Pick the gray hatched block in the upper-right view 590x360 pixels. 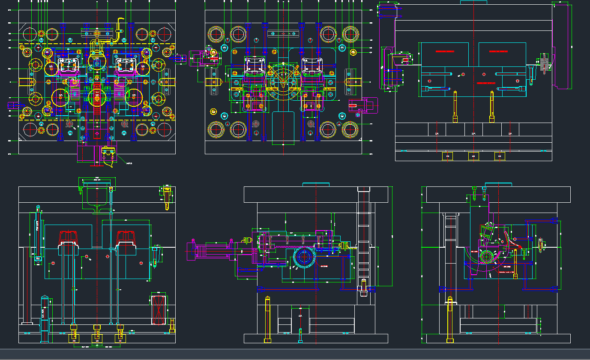[544, 63]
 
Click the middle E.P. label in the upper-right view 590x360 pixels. [473, 134]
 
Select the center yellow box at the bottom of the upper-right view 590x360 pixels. [473, 156]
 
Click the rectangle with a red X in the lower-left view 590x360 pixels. [159, 309]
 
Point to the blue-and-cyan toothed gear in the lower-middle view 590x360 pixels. [305, 258]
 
